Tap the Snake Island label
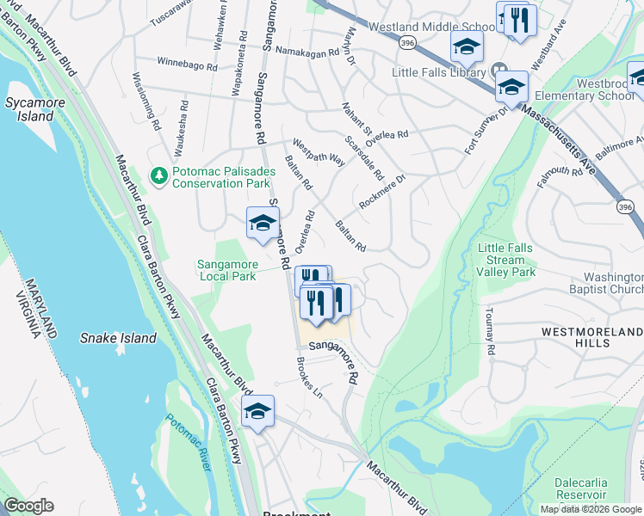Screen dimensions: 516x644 118,338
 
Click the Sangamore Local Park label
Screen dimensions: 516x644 227,270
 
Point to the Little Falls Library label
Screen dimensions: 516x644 439,72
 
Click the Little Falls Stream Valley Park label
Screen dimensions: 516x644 505,260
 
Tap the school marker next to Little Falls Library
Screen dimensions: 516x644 511,87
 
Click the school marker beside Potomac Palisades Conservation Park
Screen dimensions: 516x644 263,224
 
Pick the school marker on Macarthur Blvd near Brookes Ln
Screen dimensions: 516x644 257,412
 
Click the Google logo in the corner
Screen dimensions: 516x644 28,506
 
